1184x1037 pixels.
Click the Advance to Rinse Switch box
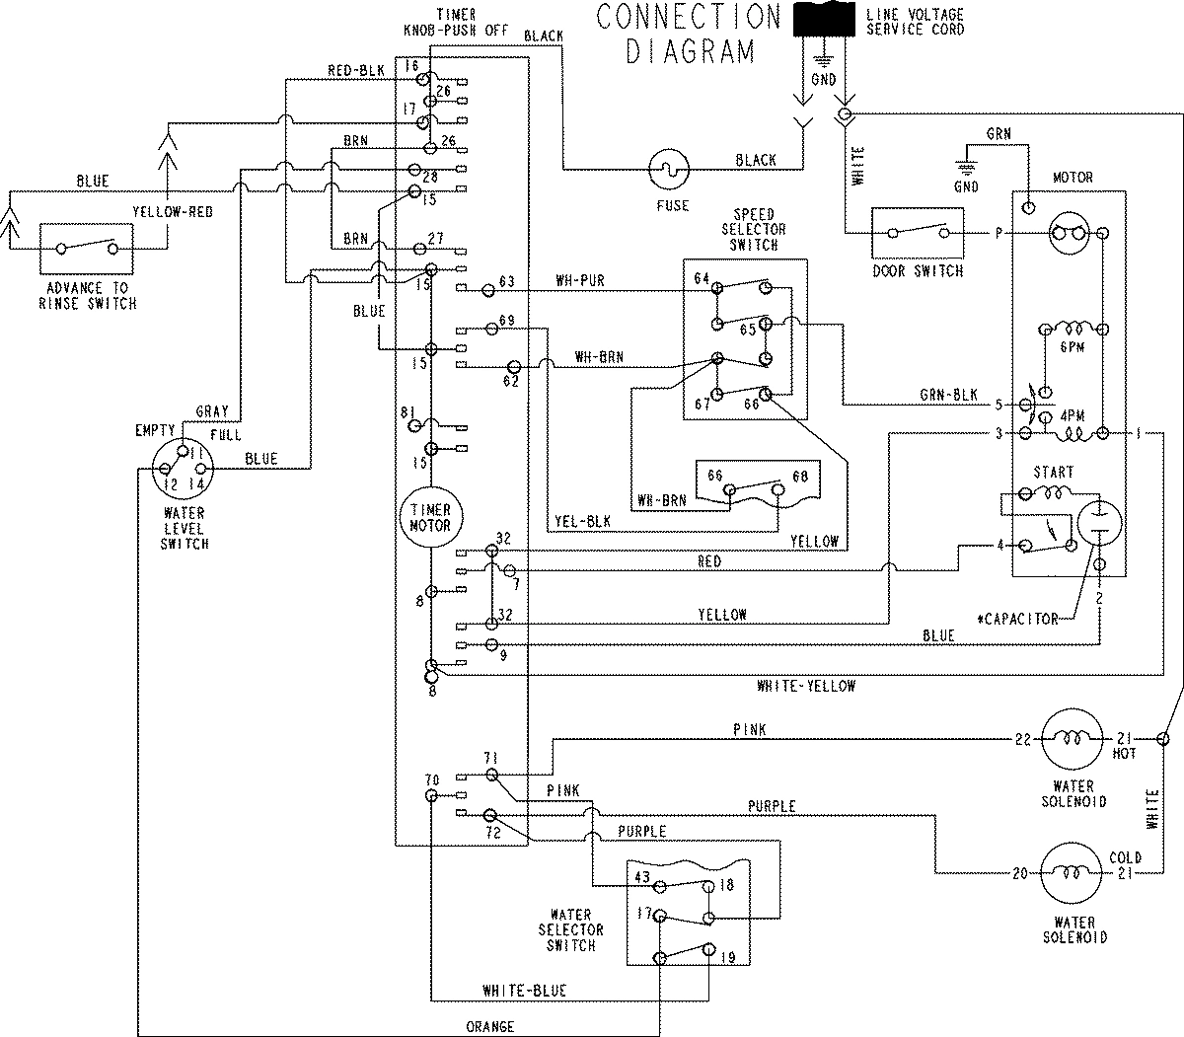[x=89, y=248]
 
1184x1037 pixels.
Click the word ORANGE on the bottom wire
[x=490, y=1026]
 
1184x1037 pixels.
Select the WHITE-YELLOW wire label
[x=806, y=686]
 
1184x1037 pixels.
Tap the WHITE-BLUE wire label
[x=525, y=990]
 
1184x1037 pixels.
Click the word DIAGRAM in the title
[x=691, y=51]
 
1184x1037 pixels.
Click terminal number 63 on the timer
[x=508, y=282]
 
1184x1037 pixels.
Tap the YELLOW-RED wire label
[x=173, y=212]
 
